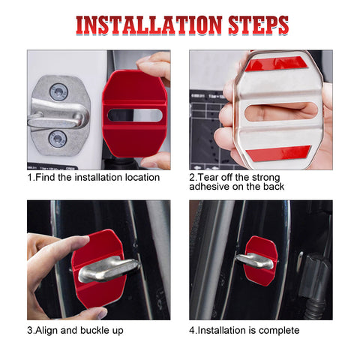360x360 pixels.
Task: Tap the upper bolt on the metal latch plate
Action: [x=58, y=92]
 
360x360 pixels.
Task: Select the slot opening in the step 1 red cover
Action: [x=134, y=115]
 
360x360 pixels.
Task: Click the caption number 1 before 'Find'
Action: [x=30, y=178]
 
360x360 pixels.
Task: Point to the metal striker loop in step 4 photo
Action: [x=255, y=261]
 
